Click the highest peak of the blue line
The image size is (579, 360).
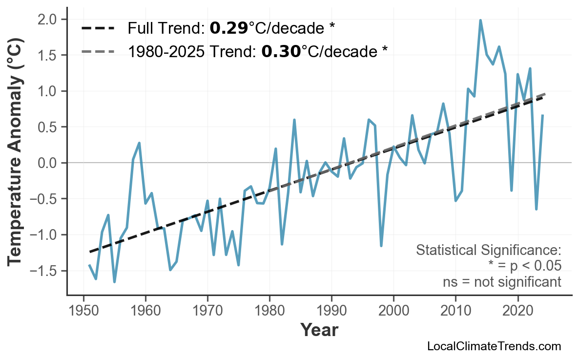pos(480,21)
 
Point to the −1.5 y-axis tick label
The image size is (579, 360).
pos(47,271)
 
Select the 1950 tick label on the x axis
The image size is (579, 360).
pos(83,311)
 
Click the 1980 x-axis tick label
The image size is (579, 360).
pos(269,311)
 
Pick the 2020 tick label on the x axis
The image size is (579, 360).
pos(517,311)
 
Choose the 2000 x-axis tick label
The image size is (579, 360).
pos(393,311)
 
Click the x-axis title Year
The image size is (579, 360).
pos(319,330)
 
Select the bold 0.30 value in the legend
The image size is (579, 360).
pos(281,51)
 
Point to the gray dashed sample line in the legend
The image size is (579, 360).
pos(98,51)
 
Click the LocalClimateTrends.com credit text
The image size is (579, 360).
pos(494,346)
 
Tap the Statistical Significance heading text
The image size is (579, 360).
pos(488,250)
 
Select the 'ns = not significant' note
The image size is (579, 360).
pos(501,282)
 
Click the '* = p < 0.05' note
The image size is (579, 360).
pos(524,266)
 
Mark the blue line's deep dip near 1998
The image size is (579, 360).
pos(381,246)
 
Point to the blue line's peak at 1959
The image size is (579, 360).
pos(140,143)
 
